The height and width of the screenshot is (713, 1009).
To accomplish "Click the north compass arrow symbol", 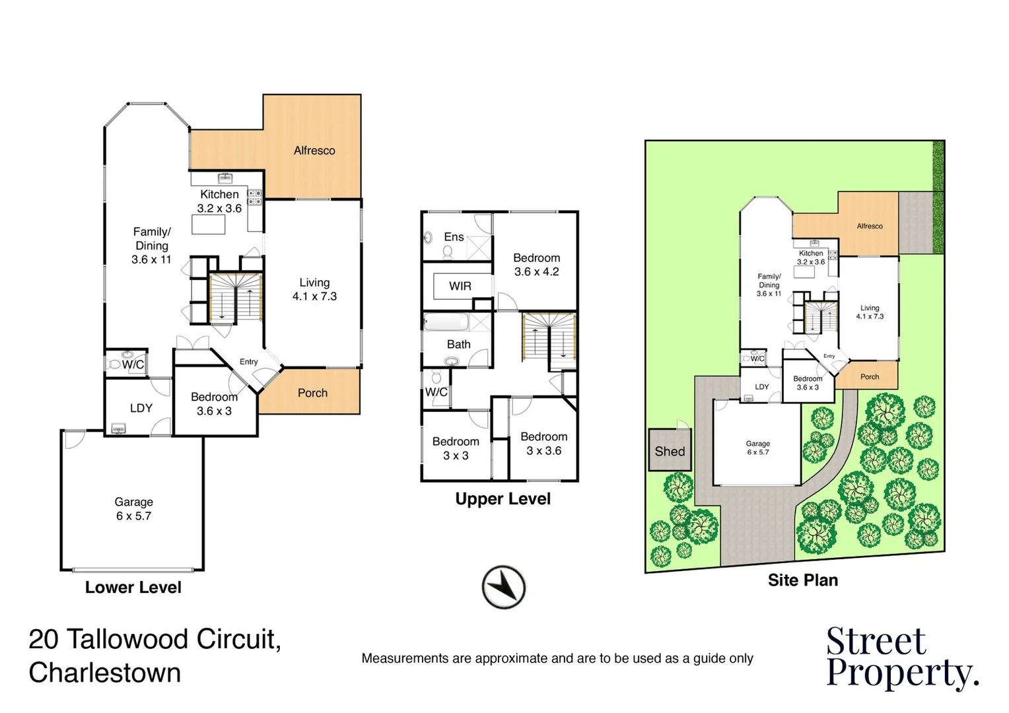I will (x=503, y=587).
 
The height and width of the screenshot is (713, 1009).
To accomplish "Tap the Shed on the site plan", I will (x=670, y=451).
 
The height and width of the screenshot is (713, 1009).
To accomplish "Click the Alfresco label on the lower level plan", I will (x=314, y=151).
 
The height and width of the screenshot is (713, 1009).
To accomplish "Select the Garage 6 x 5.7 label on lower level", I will (x=134, y=509).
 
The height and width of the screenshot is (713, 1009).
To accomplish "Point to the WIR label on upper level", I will (x=460, y=286).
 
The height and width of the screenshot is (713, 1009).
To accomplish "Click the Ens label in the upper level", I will (x=454, y=237).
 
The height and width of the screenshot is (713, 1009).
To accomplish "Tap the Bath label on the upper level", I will (x=458, y=344).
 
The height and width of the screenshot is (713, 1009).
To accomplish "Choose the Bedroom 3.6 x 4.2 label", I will (x=536, y=265).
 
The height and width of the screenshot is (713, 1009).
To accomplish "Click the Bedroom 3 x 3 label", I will (x=456, y=448).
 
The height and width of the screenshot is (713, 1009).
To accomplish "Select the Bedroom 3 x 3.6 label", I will (x=543, y=444).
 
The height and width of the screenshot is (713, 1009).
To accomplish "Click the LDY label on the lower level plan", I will (x=141, y=408).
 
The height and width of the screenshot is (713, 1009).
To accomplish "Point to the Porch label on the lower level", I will (x=312, y=393).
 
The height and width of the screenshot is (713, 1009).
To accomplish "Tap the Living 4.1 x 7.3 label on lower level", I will (x=314, y=289).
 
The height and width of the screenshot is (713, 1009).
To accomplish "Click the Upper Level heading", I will (x=503, y=499).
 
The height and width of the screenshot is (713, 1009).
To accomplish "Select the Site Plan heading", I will (x=802, y=580).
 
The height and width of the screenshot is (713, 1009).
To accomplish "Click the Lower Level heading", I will (x=133, y=588).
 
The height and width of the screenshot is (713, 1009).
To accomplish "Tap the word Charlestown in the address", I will (x=105, y=673).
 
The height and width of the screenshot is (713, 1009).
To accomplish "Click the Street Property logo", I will (x=901, y=658).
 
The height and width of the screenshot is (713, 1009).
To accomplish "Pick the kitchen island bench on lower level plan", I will (x=209, y=224).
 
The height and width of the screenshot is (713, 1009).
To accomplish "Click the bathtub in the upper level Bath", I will (x=446, y=323).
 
